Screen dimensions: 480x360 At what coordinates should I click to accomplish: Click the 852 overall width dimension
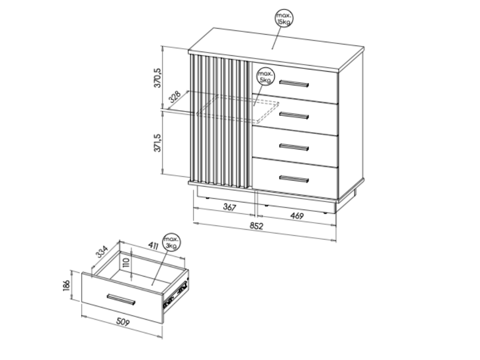[256, 226]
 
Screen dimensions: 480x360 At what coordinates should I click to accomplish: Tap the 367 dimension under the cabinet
[230, 207]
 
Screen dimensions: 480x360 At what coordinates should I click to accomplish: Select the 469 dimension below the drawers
[297, 216]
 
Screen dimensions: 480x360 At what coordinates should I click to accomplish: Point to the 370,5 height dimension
[157, 78]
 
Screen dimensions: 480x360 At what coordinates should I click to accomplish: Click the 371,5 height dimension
[157, 142]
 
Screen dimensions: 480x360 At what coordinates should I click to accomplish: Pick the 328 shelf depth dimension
[175, 97]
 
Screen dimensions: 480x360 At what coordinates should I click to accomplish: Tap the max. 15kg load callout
[284, 18]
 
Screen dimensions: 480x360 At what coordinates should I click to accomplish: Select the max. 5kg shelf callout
[265, 76]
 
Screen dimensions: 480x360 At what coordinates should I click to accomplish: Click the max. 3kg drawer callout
[172, 242]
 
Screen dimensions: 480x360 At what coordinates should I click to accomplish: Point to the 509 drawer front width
[123, 322]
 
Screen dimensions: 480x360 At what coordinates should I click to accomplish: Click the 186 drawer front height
[67, 285]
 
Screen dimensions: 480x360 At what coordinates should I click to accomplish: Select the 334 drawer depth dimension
[102, 252]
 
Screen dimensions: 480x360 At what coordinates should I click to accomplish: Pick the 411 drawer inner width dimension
[153, 245]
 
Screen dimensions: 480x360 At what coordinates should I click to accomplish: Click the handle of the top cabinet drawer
[294, 84]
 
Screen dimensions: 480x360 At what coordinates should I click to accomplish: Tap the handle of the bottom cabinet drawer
[294, 179]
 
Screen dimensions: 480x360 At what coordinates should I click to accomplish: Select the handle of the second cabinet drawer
[294, 116]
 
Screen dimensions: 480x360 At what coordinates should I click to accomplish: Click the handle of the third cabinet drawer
[294, 147]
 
